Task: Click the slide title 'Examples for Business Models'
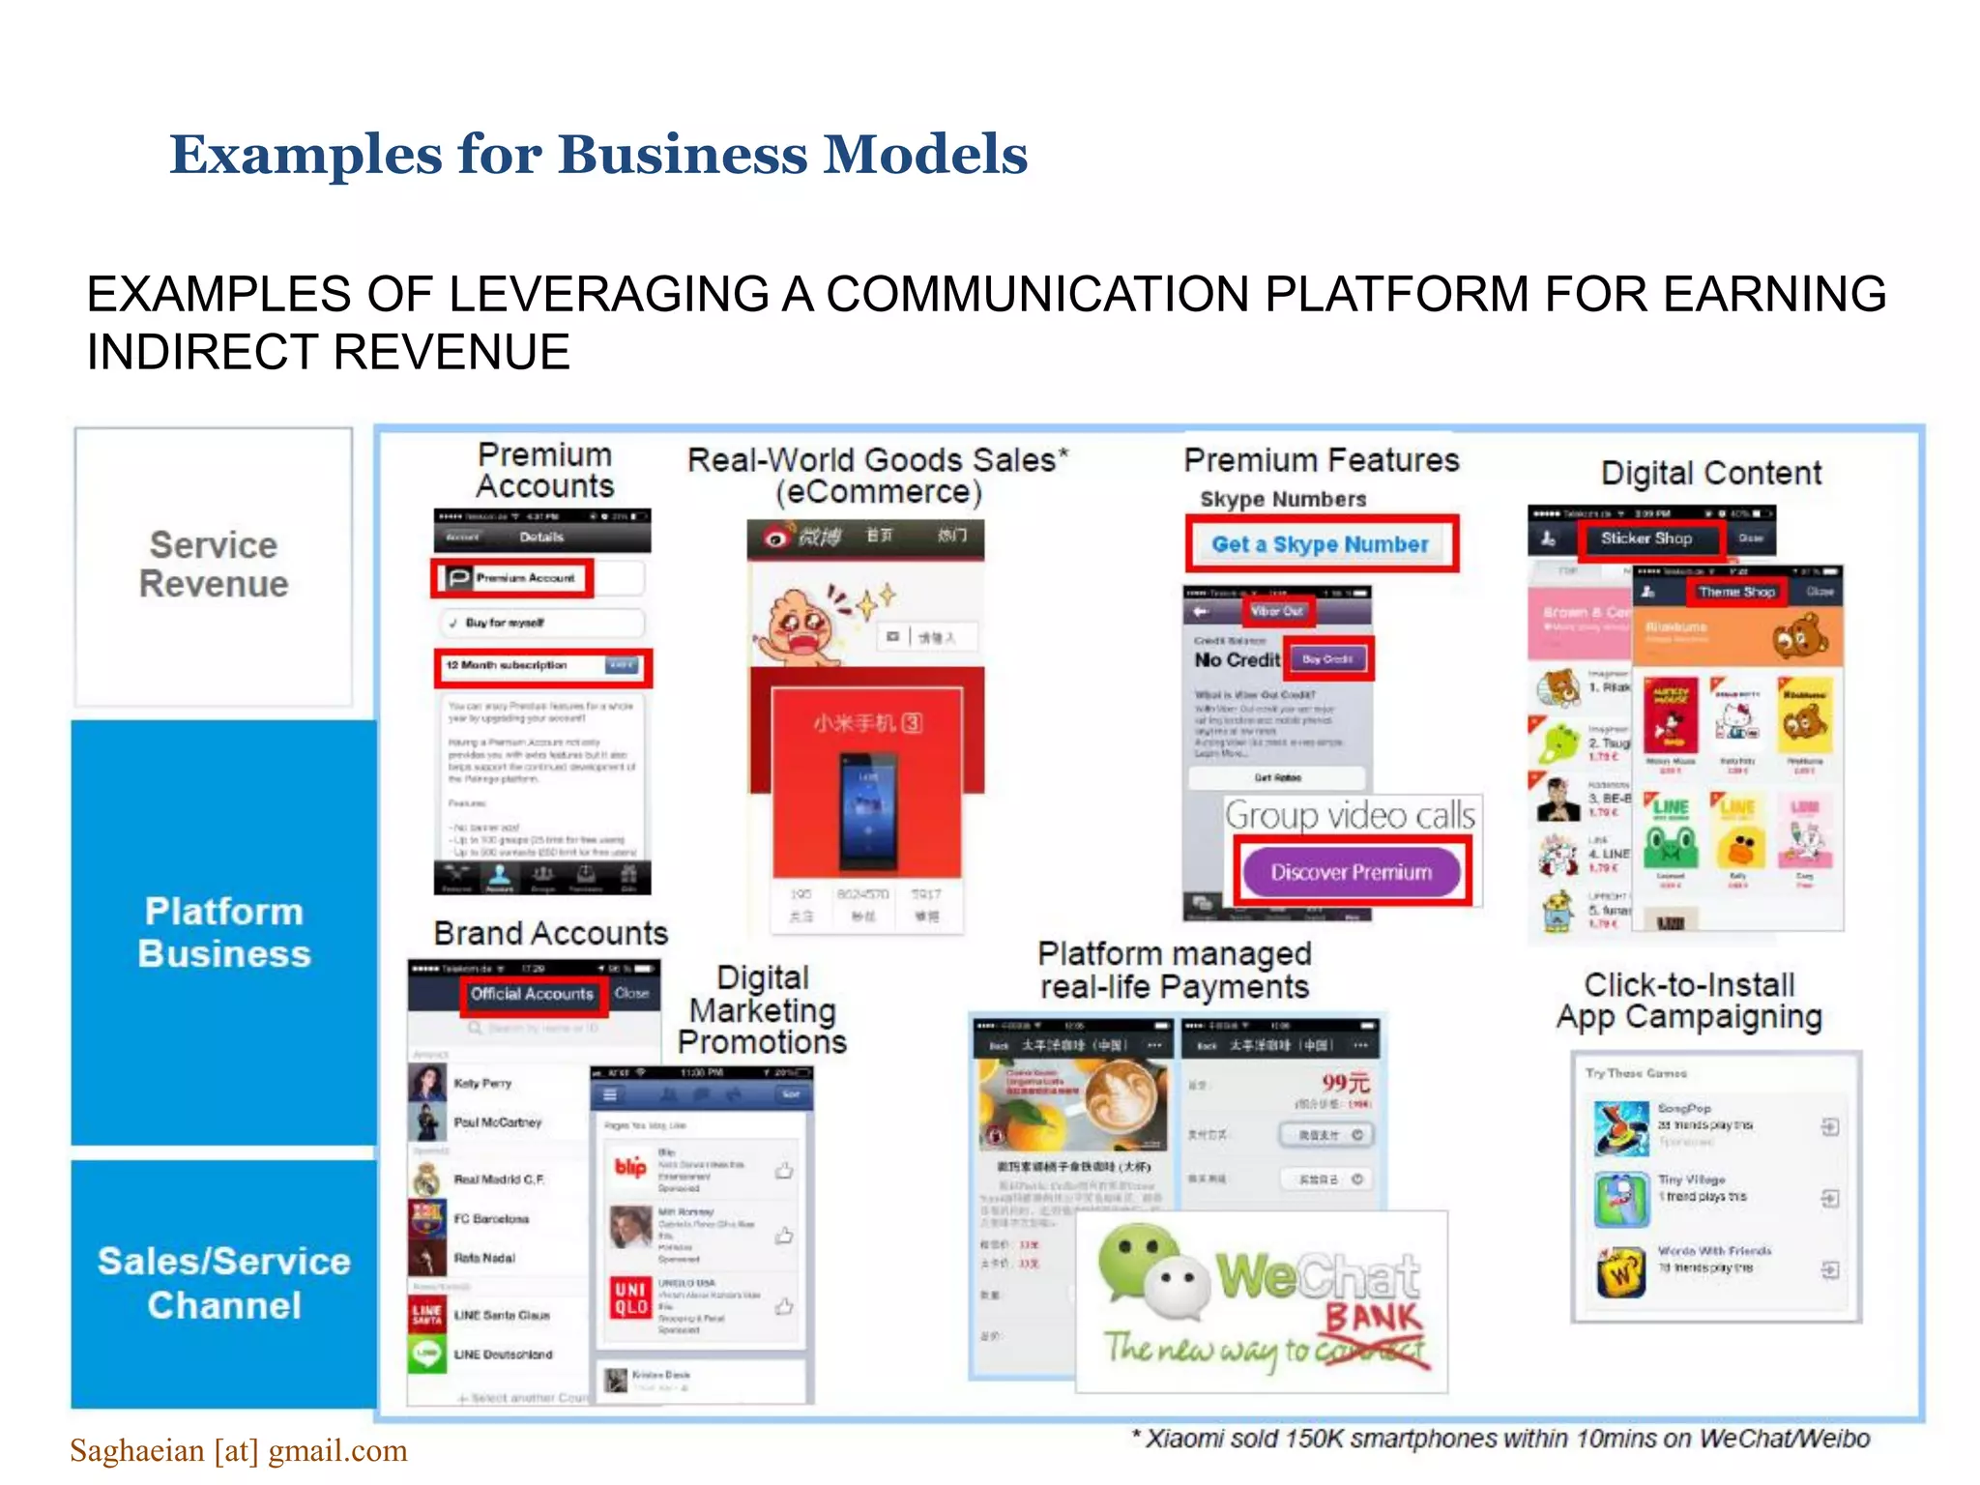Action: (x=598, y=155)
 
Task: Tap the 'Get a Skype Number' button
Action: (x=1320, y=544)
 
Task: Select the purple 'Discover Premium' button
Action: (x=1351, y=872)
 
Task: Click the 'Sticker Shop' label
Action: (x=1646, y=539)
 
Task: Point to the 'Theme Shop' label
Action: (x=1736, y=592)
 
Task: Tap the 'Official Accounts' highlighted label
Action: (x=532, y=994)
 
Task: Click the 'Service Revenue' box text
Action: (x=214, y=565)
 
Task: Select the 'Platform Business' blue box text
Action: (x=223, y=932)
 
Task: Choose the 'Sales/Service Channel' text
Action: (x=223, y=1283)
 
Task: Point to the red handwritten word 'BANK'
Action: (x=1374, y=1318)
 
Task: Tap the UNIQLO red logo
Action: (x=630, y=1298)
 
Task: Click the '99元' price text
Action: (x=1345, y=1082)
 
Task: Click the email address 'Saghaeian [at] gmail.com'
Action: (x=239, y=1450)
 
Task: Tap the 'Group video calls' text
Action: (x=1350, y=816)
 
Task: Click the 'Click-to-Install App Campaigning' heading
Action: (x=1689, y=1001)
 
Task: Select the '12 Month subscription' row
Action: (x=541, y=666)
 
